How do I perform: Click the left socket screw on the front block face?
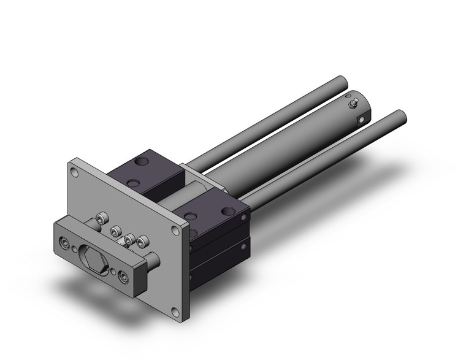coord(64,244)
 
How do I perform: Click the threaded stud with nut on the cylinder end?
coord(354,104)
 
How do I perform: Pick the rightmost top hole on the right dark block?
coord(232,210)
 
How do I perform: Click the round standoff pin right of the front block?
coord(153,259)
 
